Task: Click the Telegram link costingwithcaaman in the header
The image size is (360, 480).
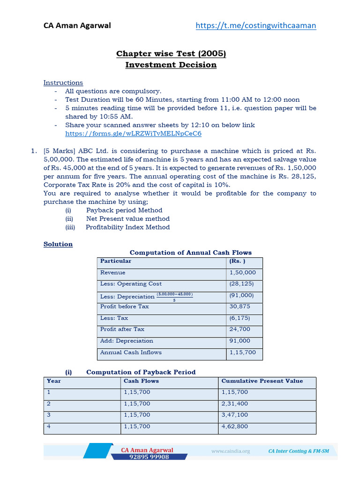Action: point(255,25)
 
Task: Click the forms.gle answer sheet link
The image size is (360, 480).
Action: point(133,134)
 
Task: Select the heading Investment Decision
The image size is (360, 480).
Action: point(171,65)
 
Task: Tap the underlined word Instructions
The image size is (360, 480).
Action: point(63,82)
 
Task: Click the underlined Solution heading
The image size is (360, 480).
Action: point(58,244)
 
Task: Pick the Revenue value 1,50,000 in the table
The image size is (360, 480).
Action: point(242,272)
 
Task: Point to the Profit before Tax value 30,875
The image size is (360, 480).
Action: point(240,307)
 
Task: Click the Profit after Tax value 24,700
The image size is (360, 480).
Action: point(240,330)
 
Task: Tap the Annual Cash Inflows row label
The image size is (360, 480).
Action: point(131,352)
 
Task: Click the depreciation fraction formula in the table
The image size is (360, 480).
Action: point(174,297)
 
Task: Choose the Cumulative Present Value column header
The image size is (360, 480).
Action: point(262,381)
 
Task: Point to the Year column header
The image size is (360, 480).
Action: point(54,381)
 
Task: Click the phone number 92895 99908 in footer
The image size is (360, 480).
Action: point(149,457)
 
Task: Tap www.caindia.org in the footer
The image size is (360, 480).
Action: point(231,451)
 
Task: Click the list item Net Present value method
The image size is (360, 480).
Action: point(128,219)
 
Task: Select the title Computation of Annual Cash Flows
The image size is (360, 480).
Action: point(190,253)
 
